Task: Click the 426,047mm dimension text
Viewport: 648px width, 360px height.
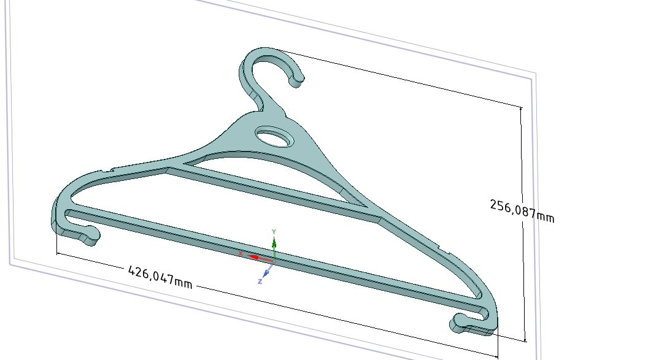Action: pos(160,277)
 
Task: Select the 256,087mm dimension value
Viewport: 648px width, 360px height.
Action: pos(522,210)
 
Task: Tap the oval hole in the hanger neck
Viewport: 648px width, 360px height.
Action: pos(274,137)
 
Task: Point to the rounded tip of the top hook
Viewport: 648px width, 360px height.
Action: pos(297,80)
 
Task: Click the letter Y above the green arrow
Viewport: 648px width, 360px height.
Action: pos(274,231)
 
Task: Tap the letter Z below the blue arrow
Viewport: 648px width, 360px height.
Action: pos(260,281)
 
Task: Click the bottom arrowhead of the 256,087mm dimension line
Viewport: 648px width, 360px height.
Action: pos(526,339)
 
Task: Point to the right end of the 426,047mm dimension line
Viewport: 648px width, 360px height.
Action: pos(497,356)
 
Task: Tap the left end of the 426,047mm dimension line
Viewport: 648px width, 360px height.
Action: pos(57,253)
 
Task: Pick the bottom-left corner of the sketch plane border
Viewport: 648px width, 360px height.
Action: pos(10,264)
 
